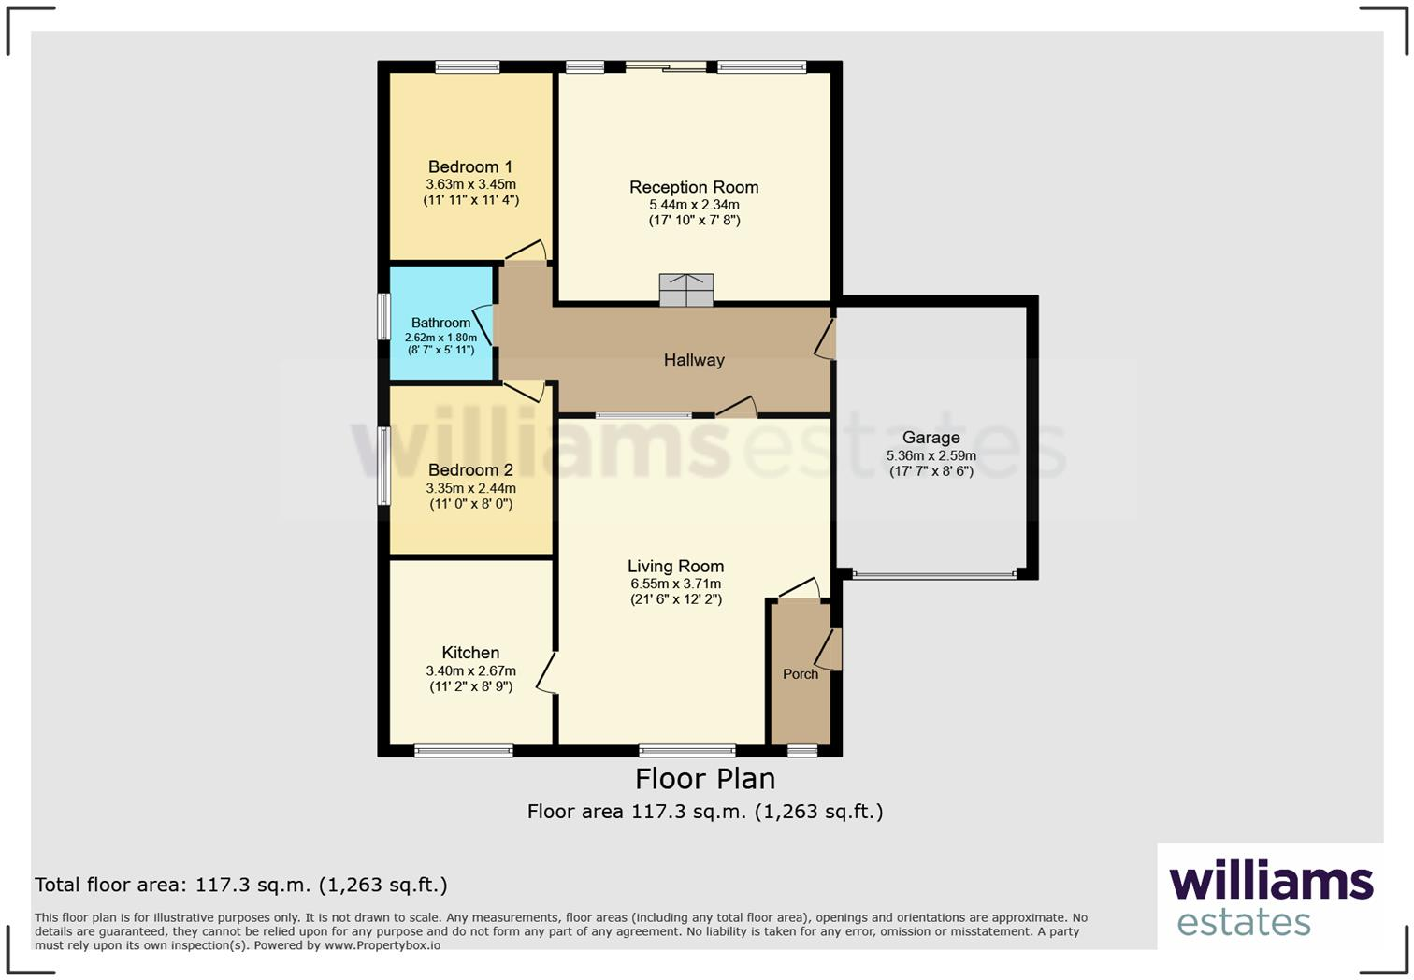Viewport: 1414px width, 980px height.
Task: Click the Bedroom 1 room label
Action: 470,167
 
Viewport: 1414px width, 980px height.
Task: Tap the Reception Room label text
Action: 694,187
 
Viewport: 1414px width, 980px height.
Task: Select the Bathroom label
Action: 440,323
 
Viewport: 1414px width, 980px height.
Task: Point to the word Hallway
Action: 694,360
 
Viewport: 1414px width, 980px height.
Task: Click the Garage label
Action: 931,438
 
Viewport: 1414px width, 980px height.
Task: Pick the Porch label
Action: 800,674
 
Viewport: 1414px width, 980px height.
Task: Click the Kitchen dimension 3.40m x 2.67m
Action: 470,670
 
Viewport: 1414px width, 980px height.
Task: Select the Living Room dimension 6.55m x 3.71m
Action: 675,584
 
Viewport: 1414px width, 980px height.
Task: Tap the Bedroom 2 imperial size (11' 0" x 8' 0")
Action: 470,504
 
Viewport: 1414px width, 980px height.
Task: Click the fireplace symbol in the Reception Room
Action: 686,289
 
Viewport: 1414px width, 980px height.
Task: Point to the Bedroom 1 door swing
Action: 527,251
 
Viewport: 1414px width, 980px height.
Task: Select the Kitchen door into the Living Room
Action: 547,673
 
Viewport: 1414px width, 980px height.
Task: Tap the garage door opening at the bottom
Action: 933,575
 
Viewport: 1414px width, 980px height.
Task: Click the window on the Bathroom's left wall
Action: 383,317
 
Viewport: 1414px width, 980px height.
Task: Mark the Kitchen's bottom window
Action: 464,750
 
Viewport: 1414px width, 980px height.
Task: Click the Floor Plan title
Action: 705,779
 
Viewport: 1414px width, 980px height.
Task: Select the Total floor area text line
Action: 241,885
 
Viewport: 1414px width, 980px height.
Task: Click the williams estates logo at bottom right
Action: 1270,898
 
